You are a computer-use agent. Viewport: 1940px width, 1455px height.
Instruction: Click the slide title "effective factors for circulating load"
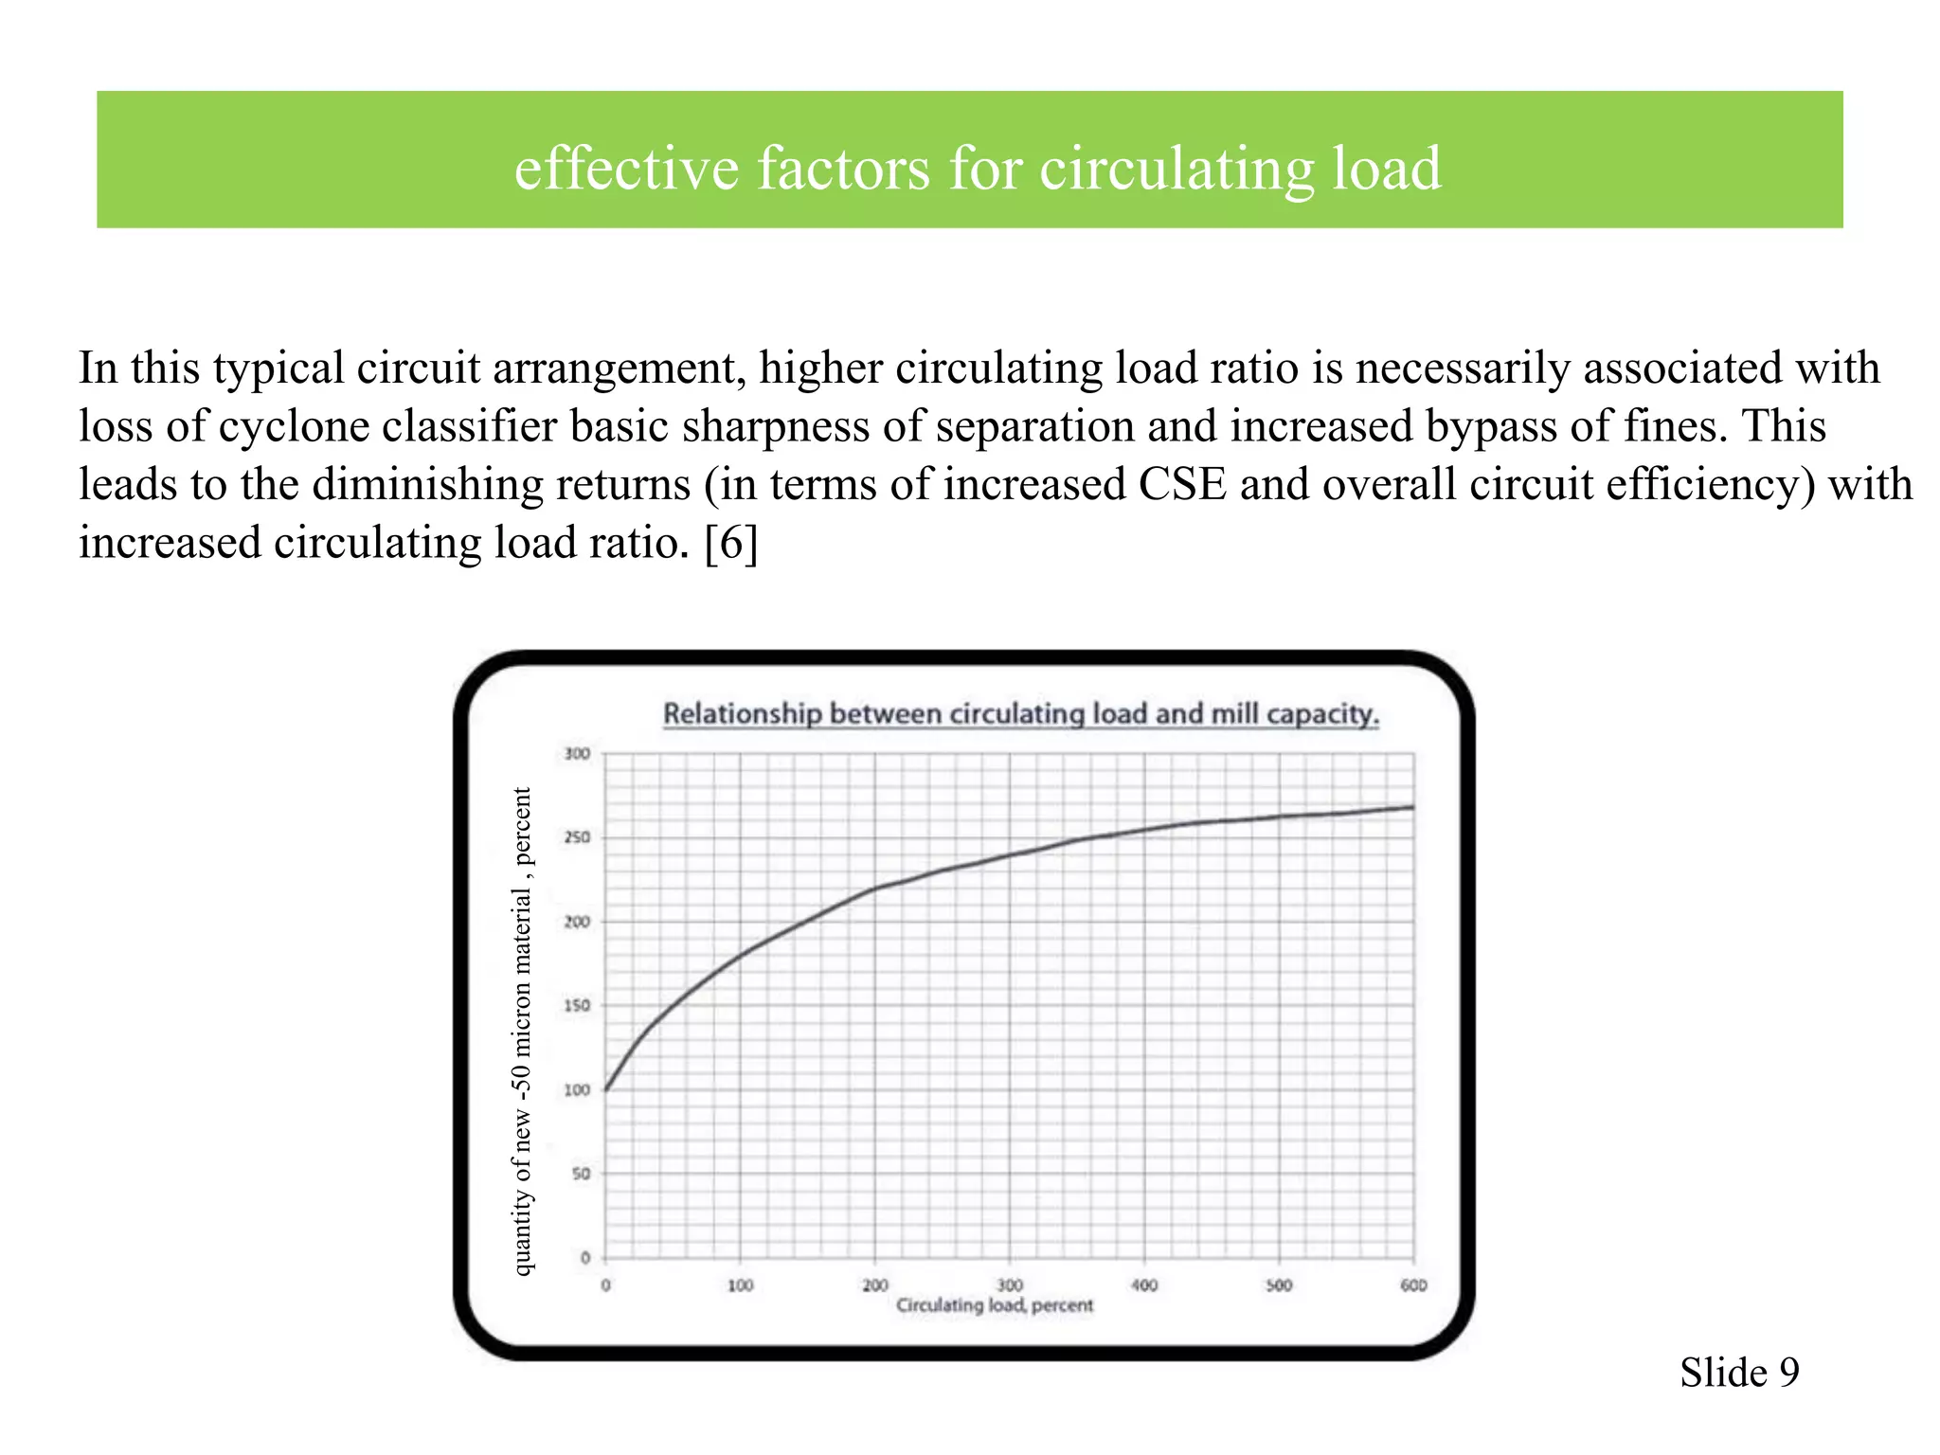coord(977,169)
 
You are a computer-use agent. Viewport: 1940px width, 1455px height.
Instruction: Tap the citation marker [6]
coord(730,544)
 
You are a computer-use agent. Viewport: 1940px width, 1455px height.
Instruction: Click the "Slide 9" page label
coord(1739,1373)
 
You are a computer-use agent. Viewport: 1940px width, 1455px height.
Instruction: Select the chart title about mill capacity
coord(1020,713)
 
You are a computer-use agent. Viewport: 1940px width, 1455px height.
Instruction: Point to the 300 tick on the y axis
coord(577,754)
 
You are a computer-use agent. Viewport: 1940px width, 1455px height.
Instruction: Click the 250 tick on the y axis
coord(577,837)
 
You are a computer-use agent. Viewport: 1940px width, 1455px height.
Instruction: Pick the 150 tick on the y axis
coord(577,1006)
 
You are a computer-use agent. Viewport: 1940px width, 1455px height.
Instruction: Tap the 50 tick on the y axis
coord(580,1174)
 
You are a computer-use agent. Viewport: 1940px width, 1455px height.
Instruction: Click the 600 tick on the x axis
coord(1413,1285)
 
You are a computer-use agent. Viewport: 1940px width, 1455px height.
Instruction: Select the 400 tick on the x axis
coord(1144,1285)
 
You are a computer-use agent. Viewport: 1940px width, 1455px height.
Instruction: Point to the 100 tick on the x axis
coord(740,1285)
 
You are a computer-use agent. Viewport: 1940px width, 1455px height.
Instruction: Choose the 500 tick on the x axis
coord(1279,1285)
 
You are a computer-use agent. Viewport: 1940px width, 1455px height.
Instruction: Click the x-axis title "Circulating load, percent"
coord(994,1305)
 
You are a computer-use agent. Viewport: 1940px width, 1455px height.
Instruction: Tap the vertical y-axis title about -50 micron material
coord(522,1031)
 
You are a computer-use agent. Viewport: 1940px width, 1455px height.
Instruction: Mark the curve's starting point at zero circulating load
coord(606,1089)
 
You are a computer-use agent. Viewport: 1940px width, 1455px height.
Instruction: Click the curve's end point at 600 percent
coord(1412,808)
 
